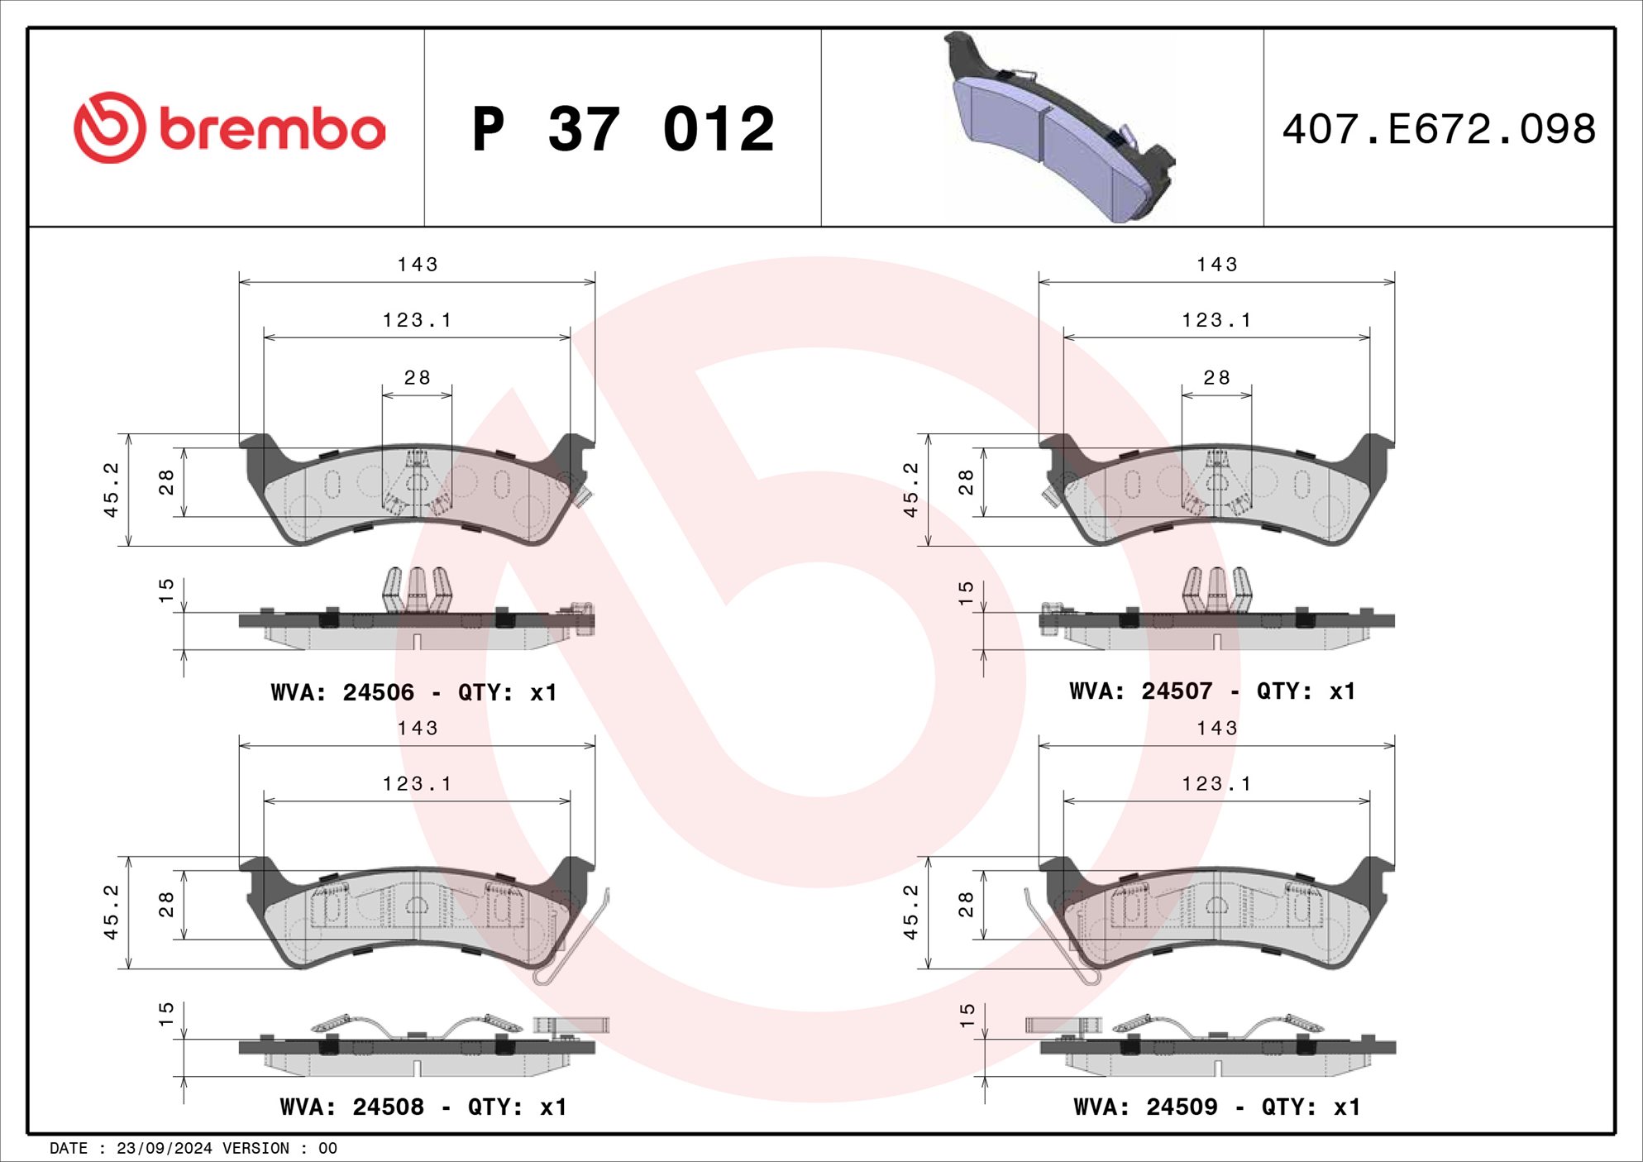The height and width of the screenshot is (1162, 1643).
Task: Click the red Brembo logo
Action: [x=229, y=127]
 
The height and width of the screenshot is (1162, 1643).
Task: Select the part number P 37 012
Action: [x=623, y=129]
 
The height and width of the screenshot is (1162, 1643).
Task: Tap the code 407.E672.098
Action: [x=1439, y=130]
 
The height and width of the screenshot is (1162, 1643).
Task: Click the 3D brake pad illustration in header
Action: [x=1059, y=127]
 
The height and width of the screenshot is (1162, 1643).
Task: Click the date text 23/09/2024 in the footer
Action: [x=165, y=1148]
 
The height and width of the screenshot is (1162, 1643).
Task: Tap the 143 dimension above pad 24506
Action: [x=418, y=265]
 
